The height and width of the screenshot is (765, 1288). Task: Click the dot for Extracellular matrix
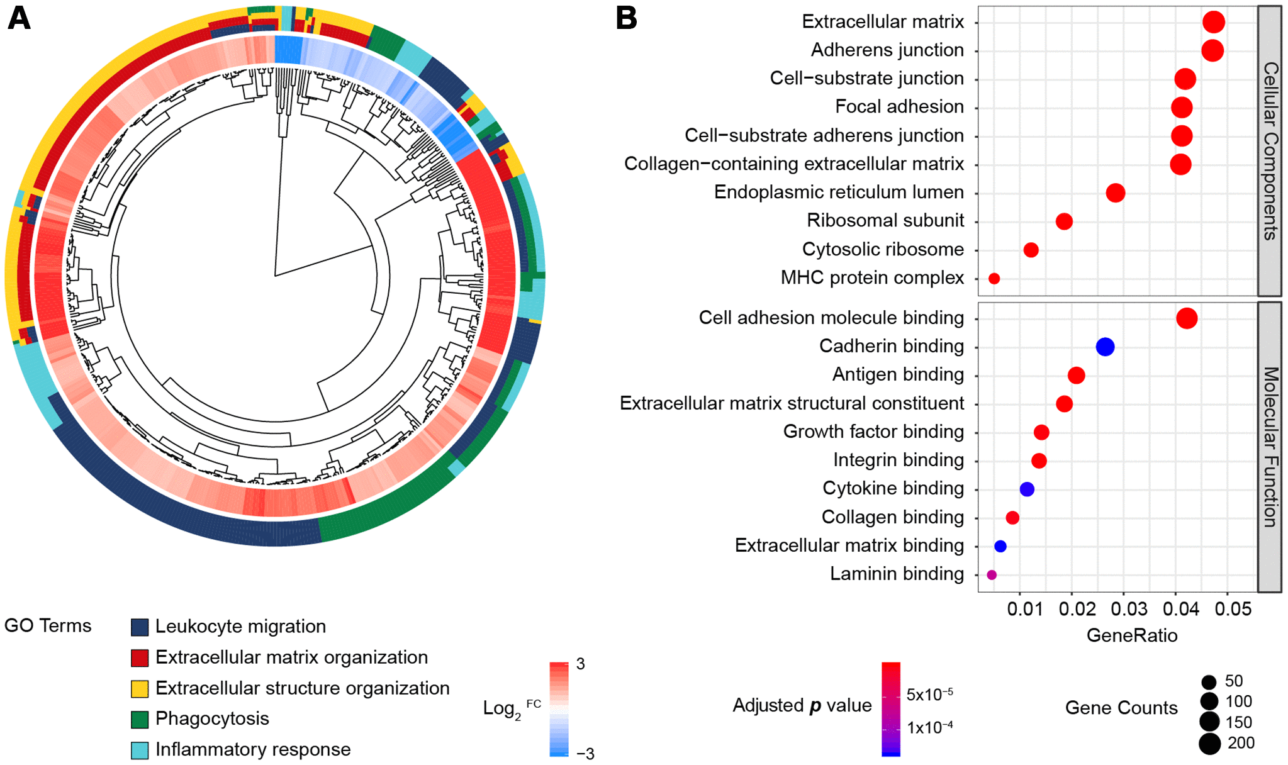[x=1213, y=22]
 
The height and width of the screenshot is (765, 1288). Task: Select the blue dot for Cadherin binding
[x=1105, y=347]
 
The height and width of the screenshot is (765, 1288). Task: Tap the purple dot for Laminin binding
[x=992, y=574]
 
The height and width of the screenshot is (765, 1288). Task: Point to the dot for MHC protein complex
[x=994, y=278]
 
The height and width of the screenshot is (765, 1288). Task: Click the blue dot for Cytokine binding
[x=1026, y=489]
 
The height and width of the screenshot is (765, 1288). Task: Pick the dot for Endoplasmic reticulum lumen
[x=1115, y=193]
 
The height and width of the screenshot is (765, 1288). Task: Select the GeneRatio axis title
[x=1131, y=635]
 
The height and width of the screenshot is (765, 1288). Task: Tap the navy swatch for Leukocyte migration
[x=139, y=627]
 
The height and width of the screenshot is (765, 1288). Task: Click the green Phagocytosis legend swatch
[x=139, y=719]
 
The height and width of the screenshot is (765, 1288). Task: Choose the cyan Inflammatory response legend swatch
[x=139, y=750]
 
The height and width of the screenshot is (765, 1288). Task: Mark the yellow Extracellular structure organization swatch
[x=139, y=688]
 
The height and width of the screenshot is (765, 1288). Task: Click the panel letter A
[x=19, y=18]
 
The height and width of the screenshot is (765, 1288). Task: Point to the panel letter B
[x=626, y=18]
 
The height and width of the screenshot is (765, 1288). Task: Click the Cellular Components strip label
[x=1270, y=151]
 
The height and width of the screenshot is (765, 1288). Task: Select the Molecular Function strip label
[x=1270, y=447]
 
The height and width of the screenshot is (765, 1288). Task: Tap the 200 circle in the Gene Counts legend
[x=1209, y=744]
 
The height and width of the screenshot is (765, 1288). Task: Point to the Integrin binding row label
[x=898, y=461]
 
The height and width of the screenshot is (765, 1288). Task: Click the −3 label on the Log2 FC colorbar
[x=586, y=753]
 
